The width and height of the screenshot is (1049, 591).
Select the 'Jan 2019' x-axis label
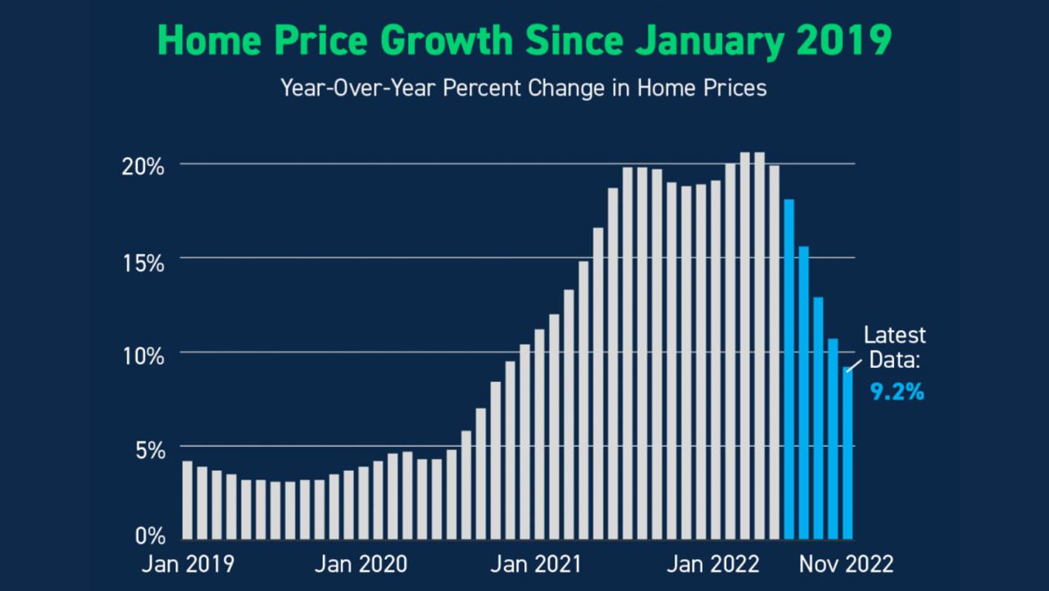pos(188,565)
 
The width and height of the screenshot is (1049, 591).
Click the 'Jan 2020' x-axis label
pos(361,565)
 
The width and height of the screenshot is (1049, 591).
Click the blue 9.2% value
pos(897,393)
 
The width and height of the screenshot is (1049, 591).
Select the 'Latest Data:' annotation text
pos(895,348)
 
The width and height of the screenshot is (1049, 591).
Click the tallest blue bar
pos(789,369)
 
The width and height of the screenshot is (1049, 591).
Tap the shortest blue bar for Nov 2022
pos(847,455)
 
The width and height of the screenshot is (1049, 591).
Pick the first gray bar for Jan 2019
pos(187,500)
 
